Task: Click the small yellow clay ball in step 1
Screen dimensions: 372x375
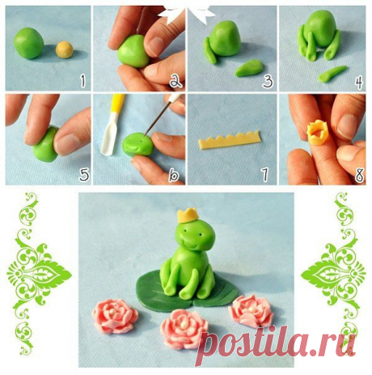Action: [x=65, y=49]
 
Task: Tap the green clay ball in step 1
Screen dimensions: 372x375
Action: [x=29, y=43]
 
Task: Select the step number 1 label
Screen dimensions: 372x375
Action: [x=82, y=81]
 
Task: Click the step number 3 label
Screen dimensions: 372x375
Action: [x=268, y=81]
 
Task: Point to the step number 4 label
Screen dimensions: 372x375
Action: [x=358, y=81]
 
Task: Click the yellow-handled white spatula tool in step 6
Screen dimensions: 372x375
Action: [x=112, y=125]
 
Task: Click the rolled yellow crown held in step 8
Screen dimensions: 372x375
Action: [x=318, y=133]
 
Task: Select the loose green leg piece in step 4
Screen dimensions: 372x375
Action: [x=332, y=74]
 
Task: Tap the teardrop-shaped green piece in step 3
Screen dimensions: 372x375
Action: [x=249, y=68]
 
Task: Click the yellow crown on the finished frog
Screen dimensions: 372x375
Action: [x=188, y=215]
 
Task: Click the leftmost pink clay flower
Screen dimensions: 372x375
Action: [x=115, y=315]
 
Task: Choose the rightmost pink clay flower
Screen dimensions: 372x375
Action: [x=251, y=310]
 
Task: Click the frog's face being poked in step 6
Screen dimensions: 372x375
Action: [x=138, y=145]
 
